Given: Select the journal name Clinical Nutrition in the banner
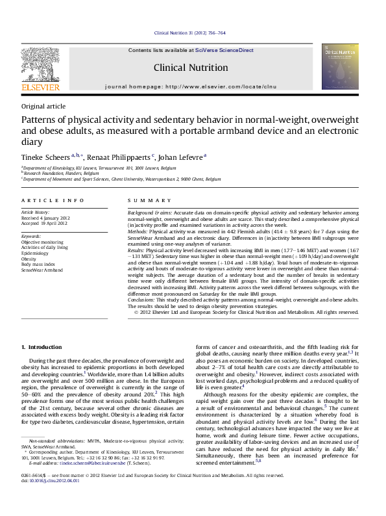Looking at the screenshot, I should [x=191, y=68].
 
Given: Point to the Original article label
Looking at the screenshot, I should [x=43, y=106].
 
